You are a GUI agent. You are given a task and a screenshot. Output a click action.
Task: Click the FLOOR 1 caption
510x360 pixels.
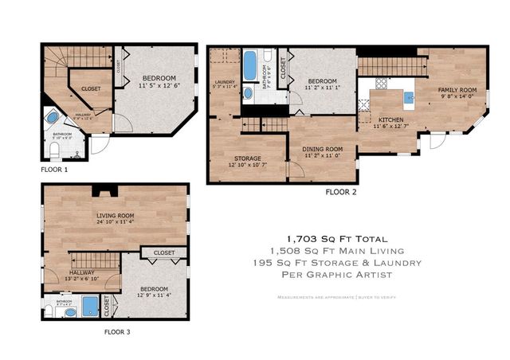coord(54,170)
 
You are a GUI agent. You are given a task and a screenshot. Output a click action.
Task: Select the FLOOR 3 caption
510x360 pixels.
coord(124,332)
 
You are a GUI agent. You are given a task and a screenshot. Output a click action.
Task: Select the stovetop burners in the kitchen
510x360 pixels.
coord(381,82)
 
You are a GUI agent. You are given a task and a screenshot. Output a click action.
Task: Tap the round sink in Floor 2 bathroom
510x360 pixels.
coord(248,93)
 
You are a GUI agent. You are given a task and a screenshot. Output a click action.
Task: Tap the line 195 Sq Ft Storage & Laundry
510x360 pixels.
coord(338,262)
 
